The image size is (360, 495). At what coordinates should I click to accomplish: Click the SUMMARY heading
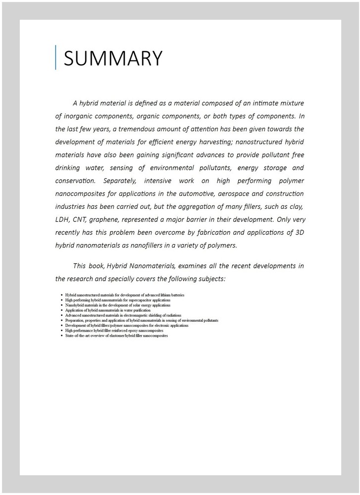pos(113,58)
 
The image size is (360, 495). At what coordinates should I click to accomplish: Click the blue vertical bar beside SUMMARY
pos(56,57)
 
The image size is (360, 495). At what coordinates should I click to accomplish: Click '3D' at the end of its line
pos(298,232)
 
